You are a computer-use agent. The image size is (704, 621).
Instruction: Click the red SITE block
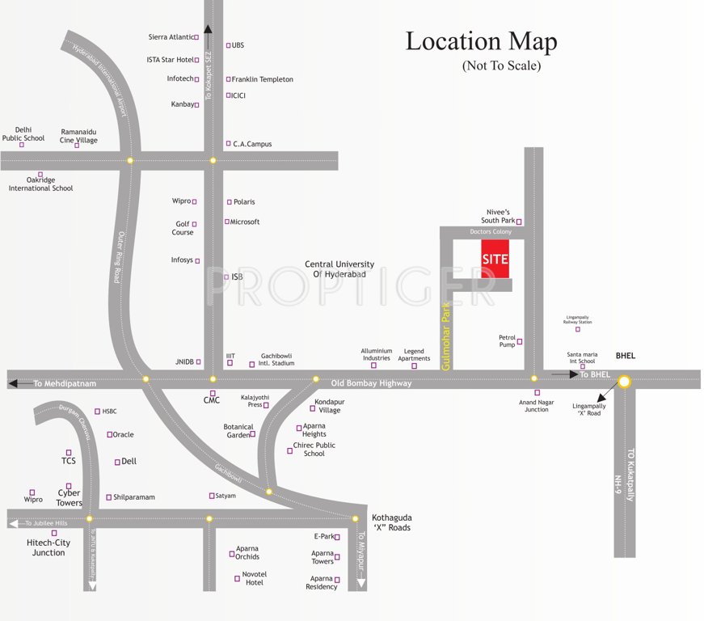[495, 259]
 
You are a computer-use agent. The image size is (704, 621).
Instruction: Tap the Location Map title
[481, 41]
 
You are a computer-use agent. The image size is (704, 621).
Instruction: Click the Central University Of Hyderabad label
[339, 269]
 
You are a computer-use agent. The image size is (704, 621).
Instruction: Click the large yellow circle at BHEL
[624, 380]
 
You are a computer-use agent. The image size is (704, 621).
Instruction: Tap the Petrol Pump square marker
[520, 341]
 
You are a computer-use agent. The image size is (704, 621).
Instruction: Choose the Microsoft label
[245, 222]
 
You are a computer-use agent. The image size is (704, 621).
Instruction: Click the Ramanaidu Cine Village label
[79, 135]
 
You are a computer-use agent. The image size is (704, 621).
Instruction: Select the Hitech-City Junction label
[48, 547]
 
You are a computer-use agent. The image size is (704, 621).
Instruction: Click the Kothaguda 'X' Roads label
[391, 522]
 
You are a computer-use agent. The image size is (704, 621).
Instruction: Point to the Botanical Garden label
[238, 431]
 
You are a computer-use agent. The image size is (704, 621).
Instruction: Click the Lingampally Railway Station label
[577, 319]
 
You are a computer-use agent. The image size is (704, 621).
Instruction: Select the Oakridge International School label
[40, 184]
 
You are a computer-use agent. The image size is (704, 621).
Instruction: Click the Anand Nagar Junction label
[537, 405]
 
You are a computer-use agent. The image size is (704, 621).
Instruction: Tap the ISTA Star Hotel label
[170, 59]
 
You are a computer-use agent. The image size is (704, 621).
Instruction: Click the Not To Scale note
[501, 65]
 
